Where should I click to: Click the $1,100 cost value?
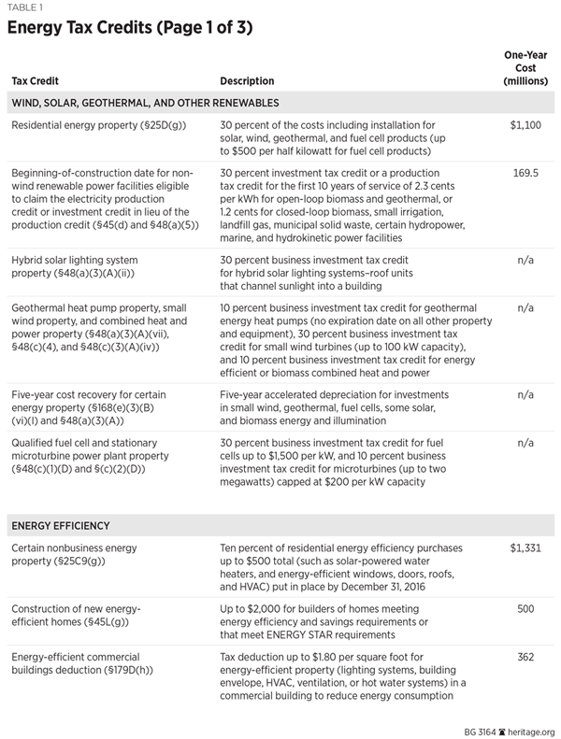tap(525, 124)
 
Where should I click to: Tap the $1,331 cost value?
tap(525, 548)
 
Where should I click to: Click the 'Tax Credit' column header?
tap(36, 81)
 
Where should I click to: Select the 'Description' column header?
tap(247, 81)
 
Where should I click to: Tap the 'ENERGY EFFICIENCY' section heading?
tap(62, 526)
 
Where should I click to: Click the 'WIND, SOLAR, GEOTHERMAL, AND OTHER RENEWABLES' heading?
tap(145, 102)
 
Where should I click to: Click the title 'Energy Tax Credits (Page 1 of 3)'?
tap(130, 27)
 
